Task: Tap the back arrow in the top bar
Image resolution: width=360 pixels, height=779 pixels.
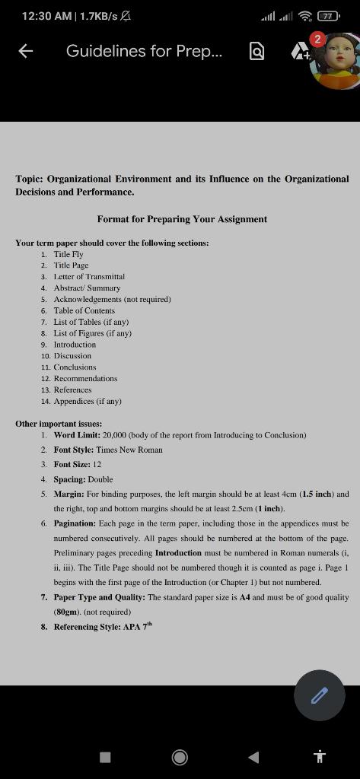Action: coord(26,51)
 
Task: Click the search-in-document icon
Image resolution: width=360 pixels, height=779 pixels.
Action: coord(257,51)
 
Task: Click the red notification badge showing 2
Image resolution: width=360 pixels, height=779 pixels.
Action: coord(318,39)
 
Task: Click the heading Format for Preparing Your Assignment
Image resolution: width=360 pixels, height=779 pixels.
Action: coord(182,219)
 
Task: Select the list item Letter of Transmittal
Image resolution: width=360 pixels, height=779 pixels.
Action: coord(89,277)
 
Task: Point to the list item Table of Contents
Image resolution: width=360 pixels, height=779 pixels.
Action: coord(84,310)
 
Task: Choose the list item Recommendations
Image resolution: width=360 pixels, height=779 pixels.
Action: coord(85,378)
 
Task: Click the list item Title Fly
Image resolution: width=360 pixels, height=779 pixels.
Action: coord(68,254)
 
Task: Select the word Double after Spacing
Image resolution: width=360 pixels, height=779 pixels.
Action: coord(100,479)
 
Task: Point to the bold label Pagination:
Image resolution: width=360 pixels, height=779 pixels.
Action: coord(75,523)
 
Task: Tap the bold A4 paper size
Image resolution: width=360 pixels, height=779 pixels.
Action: coord(245,597)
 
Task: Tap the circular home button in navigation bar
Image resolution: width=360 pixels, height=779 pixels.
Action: coord(180,756)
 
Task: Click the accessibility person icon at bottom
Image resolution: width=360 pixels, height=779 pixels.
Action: coord(320,756)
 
